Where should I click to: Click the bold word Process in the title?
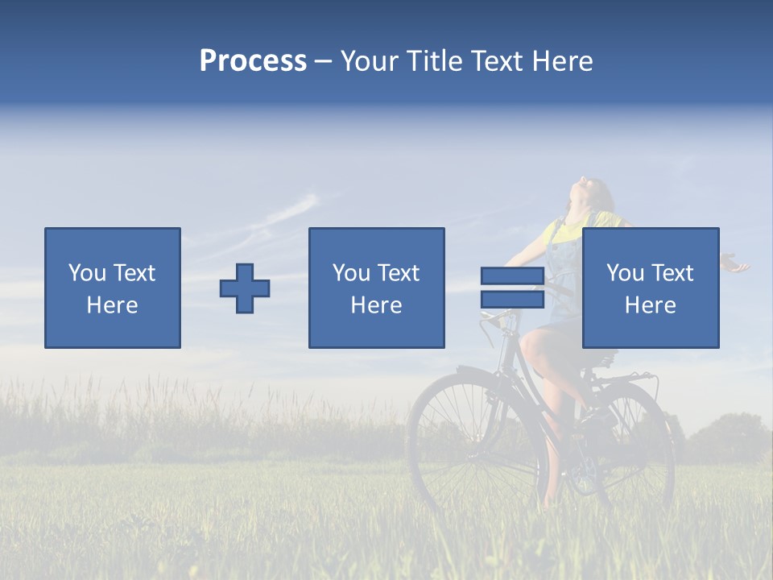(x=253, y=61)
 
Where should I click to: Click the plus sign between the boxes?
(x=245, y=288)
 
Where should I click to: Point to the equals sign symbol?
(x=512, y=288)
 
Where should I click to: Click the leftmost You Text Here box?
(x=113, y=288)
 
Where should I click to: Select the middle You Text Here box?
(x=376, y=288)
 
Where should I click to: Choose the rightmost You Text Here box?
(x=650, y=288)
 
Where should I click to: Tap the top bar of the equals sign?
(x=512, y=276)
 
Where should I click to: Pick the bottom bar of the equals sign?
(x=512, y=299)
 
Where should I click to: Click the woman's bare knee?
(x=531, y=342)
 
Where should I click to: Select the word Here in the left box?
(x=112, y=304)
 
